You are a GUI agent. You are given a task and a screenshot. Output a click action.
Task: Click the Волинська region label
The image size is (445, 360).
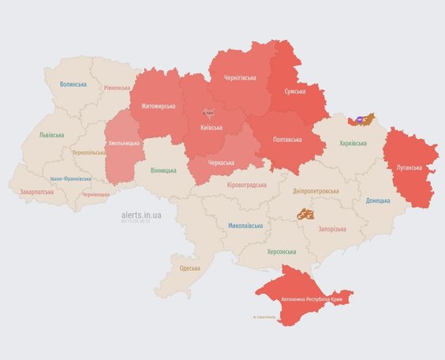(73, 84)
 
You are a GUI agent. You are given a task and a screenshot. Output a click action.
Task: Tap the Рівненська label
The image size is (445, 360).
(117, 88)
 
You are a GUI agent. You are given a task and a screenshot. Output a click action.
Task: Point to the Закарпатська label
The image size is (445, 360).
(37, 191)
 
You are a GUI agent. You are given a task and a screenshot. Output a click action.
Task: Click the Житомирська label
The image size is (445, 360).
(158, 106)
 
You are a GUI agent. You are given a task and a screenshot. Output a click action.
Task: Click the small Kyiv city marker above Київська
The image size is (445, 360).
(208, 113)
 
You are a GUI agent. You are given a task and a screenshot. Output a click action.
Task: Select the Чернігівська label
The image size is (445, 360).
(239, 77)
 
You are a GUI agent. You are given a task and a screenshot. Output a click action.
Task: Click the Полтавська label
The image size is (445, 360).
(286, 139)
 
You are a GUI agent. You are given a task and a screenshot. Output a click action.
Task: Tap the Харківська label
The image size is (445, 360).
(353, 143)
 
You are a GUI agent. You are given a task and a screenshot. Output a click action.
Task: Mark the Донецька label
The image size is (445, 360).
(377, 200)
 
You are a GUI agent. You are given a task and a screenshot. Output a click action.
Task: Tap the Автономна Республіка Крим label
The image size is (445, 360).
(304, 300)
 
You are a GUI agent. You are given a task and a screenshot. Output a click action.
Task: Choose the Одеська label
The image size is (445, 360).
(189, 268)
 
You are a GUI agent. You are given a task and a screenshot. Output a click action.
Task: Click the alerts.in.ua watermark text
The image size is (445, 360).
(141, 214)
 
